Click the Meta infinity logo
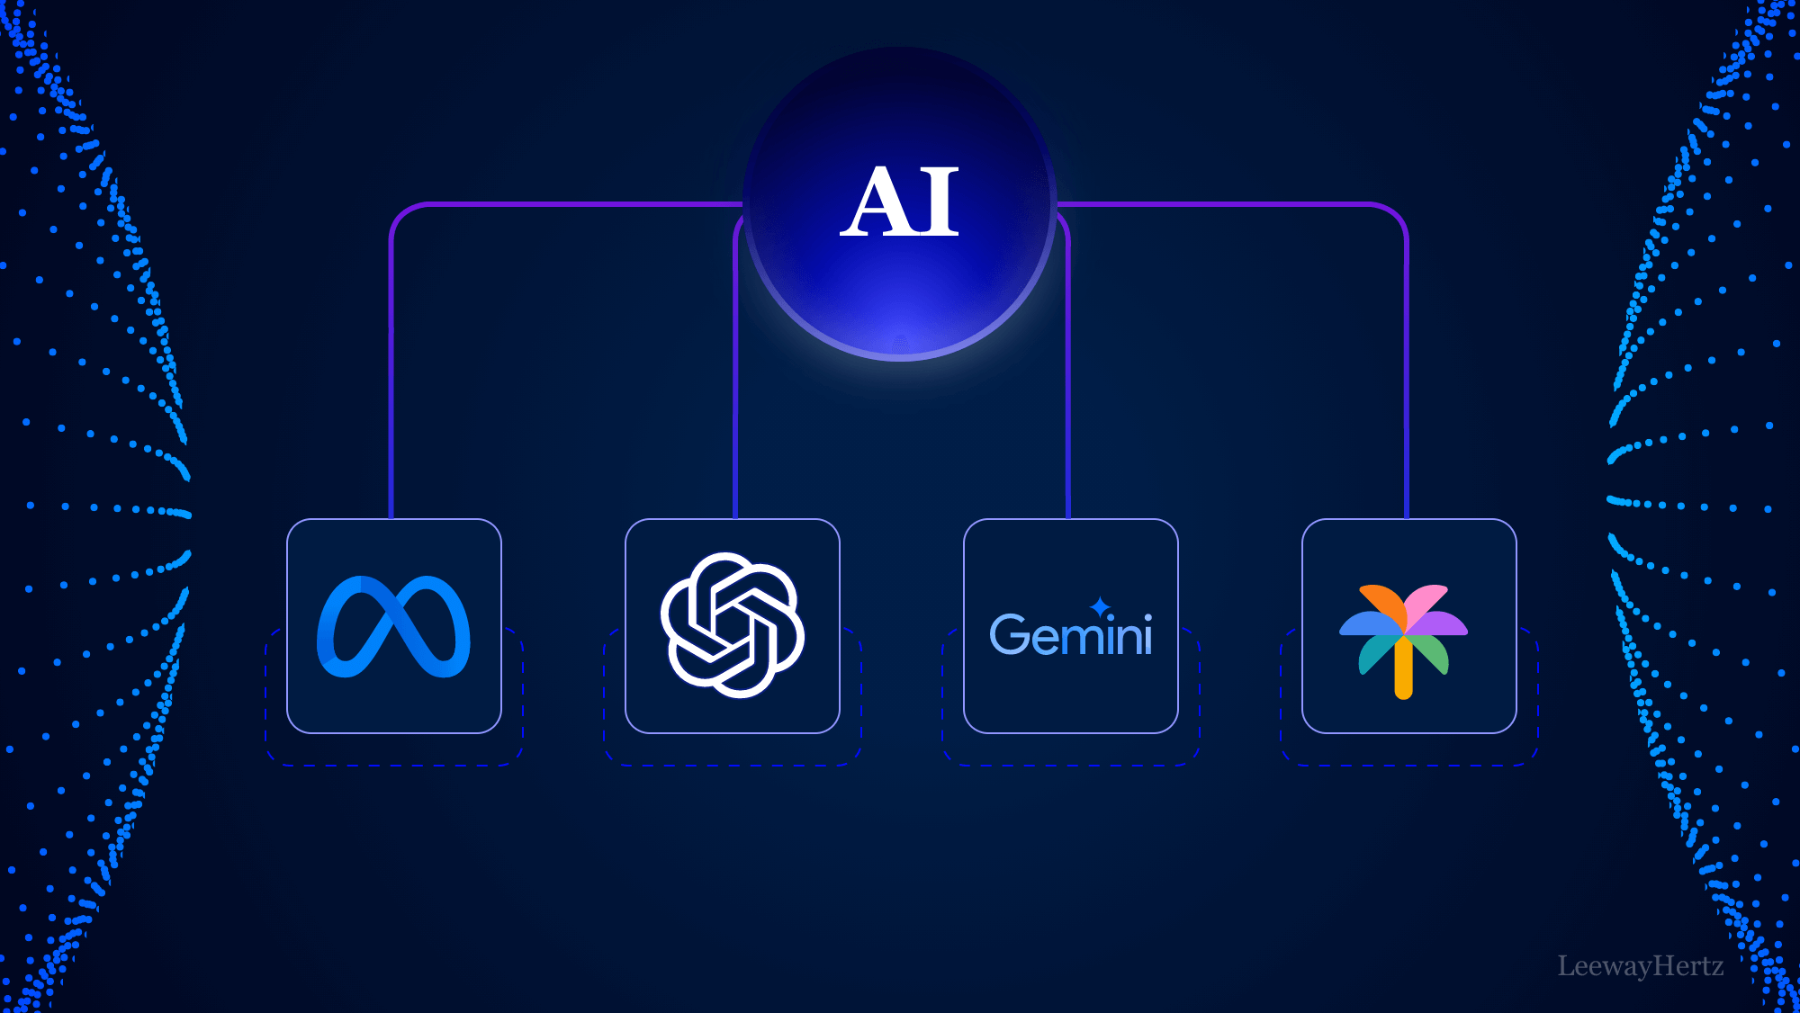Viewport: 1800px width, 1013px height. pos(393,626)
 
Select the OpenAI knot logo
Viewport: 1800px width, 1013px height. pos(733,625)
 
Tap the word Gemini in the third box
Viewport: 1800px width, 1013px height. pos(1071,634)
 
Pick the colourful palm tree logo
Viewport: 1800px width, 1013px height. pos(1404,641)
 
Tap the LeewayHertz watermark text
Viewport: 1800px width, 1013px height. pos(1641,966)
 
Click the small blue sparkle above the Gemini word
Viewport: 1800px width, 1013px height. pos(1100,606)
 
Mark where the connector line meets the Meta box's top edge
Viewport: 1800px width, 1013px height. pos(391,519)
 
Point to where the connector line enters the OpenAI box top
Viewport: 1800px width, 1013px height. pos(735,519)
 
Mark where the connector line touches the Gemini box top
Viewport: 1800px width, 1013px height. pos(1068,519)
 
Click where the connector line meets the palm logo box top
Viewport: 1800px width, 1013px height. pos(1407,519)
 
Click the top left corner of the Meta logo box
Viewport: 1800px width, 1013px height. pos(288,520)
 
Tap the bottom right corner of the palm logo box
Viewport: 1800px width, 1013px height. pos(1516,732)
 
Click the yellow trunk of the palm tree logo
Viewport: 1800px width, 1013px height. pos(1404,668)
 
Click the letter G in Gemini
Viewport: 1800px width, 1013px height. pos(1009,634)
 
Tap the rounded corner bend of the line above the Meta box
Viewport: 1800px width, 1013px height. pos(401,214)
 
